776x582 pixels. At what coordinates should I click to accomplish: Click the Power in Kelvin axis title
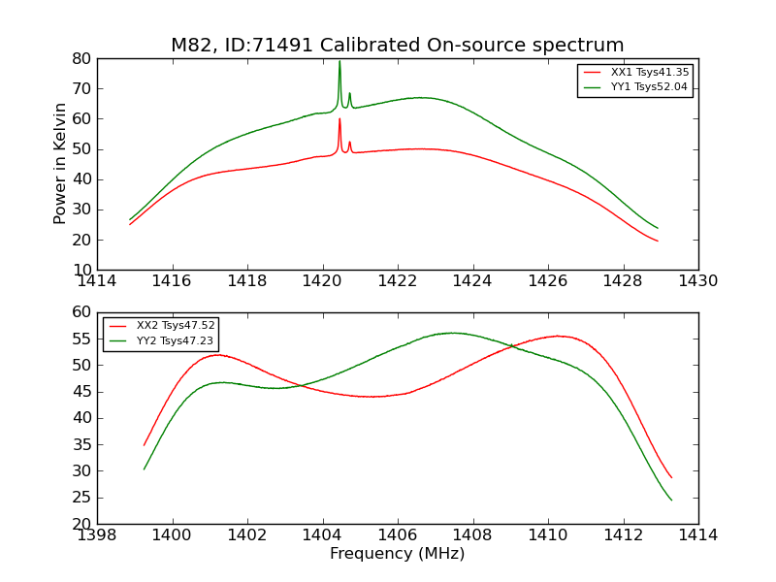pyautogui.click(x=60, y=163)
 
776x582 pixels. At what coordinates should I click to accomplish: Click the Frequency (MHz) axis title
pyautogui.click(x=397, y=554)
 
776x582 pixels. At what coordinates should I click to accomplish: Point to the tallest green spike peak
pyautogui.click(x=339, y=62)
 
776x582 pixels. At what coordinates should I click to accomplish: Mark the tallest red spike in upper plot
pyautogui.click(x=339, y=119)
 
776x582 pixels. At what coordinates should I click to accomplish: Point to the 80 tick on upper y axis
pyautogui.click(x=82, y=59)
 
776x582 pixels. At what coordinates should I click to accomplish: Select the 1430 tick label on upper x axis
pyautogui.click(x=697, y=281)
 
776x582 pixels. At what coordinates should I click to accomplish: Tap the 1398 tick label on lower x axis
pyautogui.click(x=98, y=535)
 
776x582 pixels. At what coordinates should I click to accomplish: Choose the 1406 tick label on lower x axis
pyautogui.click(x=398, y=535)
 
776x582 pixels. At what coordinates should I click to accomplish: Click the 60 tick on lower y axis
pyautogui.click(x=82, y=312)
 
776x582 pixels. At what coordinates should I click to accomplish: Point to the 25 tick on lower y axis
pyautogui.click(x=82, y=498)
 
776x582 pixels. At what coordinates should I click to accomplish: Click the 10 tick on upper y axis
pyautogui.click(x=82, y=270)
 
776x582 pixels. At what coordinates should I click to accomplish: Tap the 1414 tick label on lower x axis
pyautogui.click(x=697, y=535)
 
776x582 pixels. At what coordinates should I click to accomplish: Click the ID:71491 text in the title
pyautogui.click(x=254, y=46)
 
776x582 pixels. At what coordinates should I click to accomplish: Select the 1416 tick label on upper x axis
pyautogui.click(x=173, y=281)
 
